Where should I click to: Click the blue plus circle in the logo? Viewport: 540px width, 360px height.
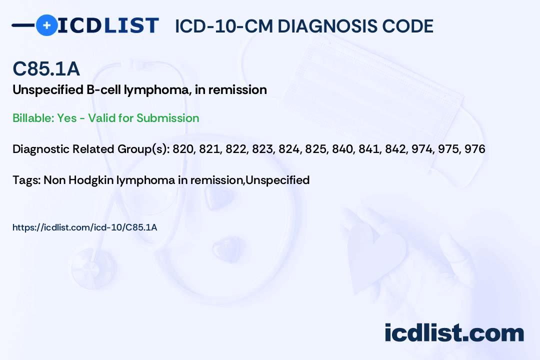[x=46, y=25]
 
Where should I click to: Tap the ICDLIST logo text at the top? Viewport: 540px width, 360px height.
[x=108, y=25]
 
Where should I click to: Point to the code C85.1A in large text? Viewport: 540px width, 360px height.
[x=46, y=69]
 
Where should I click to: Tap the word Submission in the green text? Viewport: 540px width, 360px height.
[x=167, y=118]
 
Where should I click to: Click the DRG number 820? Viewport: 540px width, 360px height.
[x=183, y=149]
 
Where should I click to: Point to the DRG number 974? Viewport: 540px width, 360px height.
[x=421, y=149]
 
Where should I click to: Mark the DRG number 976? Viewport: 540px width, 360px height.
[x=474, y=149]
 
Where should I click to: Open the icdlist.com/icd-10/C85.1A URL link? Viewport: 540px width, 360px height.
[x=84, y=227]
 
